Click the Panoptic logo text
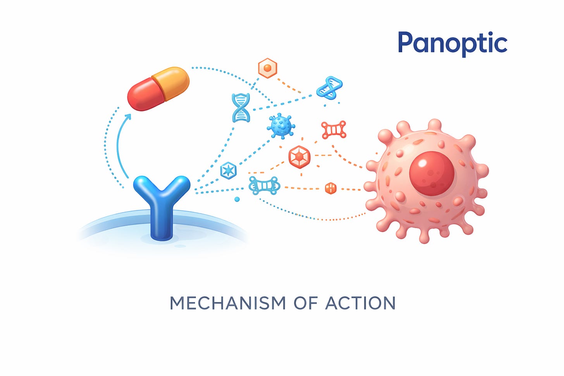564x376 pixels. pyautogui.click(x=452, y=43)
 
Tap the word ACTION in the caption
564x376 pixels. pyautogui.click(x=360, y=303)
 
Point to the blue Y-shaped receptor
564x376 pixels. pyautogui.click(x=162, y=201)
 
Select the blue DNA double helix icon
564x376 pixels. pyautogui.click(x=241, y=108)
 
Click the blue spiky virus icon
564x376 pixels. pyautogui.click(x=281, y=126)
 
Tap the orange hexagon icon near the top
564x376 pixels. pyautogui.click(x=268, y=68)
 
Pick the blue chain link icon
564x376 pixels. pyautogui.click(x=329, y=87)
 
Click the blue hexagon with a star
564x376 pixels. pyautogui.click(x=228, y=170)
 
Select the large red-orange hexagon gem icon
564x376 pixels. pyautogui.click(x=299, y=157)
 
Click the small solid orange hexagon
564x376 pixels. pyautogui.click(x=330, y=189)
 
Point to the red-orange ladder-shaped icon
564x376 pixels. pyautogui.click(x=334, y=130)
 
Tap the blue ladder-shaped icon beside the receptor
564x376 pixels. pyautogui.click(x=264, y=185)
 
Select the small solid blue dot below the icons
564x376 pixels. pyautogui.click(x=237, y=199)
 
